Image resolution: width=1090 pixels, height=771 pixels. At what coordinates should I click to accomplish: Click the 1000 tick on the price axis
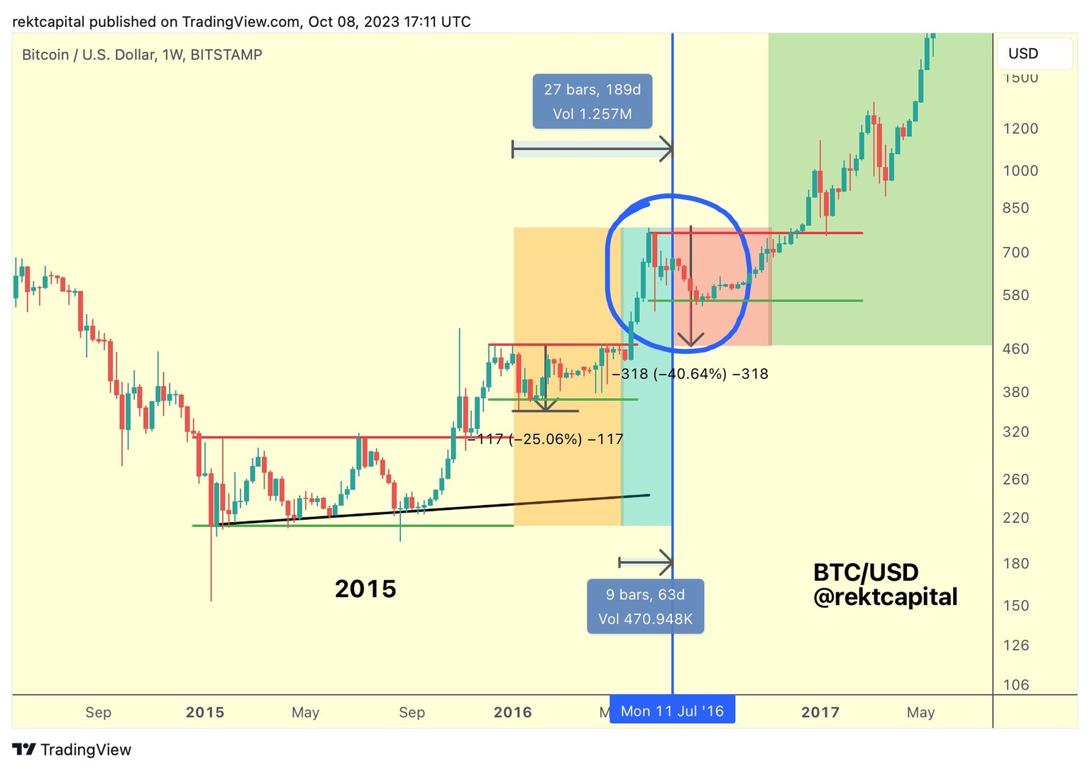tap(1020, 170)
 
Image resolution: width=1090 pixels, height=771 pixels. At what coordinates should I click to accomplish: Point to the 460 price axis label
tap(1015, 348)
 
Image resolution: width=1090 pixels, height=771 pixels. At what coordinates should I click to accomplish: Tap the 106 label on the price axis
tap(1015, 684)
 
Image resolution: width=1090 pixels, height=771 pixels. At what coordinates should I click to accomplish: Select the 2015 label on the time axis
tap(205, 712)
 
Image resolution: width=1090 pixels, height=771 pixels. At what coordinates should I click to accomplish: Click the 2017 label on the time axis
tap(820, 712)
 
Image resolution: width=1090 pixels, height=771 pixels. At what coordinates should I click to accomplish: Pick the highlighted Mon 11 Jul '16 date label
tap(672, 711)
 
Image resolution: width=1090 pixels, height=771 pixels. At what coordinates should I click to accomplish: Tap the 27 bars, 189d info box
tap(592, 101)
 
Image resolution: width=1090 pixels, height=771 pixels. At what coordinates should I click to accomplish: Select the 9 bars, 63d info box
tap(645, 606)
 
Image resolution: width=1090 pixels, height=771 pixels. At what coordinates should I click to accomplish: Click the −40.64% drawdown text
tap(690, 374)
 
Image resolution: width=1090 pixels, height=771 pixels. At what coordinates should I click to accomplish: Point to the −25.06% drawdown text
tap(545, 439)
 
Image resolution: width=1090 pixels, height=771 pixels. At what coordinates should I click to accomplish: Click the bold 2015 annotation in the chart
tap(365, 589)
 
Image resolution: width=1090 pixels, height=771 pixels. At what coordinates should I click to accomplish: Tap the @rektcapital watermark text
tap(885, 597)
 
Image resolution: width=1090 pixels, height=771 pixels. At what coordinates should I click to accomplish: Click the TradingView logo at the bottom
tap(72, 750)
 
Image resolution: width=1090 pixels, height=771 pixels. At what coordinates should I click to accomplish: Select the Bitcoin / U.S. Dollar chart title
tap(142, 55)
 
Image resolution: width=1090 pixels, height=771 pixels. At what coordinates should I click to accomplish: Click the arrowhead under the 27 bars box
tap(666, 149)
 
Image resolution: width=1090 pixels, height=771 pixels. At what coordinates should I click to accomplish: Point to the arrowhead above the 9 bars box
tap(666, 562)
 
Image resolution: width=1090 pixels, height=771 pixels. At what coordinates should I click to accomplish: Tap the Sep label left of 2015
tap(98, 712)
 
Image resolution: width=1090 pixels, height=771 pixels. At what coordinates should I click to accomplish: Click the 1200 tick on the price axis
tap(1020, 128)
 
